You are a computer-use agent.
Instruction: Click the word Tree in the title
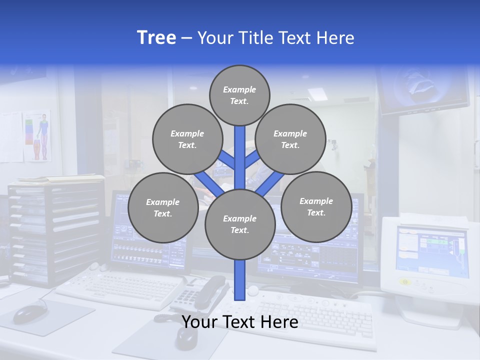156,37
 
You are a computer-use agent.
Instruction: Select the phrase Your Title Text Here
275,38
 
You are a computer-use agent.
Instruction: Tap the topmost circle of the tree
239,95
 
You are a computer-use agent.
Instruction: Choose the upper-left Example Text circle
187,139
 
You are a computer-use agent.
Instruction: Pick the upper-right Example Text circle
290,139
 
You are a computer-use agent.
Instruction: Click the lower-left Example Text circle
162,207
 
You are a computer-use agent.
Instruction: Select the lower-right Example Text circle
316,206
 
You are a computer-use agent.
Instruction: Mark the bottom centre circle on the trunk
240,224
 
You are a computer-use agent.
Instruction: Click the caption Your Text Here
240,322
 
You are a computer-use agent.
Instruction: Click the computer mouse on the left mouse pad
29,313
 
